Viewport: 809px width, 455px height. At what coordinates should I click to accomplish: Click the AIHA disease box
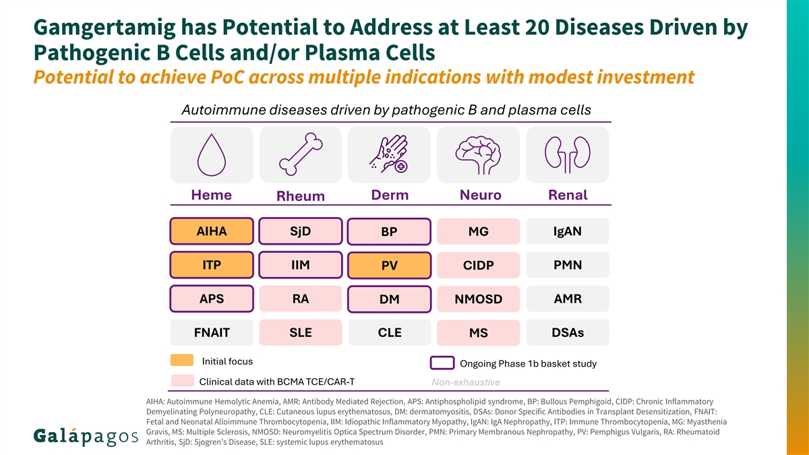click(x=212, y=231)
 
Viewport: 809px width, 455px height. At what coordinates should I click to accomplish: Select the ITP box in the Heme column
click(x=212, y=265)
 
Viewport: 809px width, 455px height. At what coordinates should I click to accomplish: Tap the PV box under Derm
click(x=390, y=266)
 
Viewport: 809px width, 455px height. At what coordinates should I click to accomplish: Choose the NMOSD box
click(x=479, y=299)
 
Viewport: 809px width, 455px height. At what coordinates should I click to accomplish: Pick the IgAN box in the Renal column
click(x=568, y=231)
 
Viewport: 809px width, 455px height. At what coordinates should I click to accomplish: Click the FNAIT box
click(x=212, y=332)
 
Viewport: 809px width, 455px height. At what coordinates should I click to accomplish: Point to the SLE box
click(x=301, y=332)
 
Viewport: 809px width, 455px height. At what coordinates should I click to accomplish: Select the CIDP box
click(x=479, y=265)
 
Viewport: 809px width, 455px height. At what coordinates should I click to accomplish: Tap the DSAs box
click(x=568, y=332)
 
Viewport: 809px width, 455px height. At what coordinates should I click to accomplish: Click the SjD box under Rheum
click(x=301, y=231)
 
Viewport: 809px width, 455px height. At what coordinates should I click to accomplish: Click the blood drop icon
click(x=212, y=155)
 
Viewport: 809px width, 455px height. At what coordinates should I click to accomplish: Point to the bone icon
click(x=301, y=154)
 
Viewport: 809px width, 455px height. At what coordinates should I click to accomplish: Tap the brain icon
click(x=478, y=155)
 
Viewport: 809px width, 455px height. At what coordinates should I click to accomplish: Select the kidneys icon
click(x=568, y=154)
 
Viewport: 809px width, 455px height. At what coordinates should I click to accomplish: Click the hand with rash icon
click(x=389, y=154)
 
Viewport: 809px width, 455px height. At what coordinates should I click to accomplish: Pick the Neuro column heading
click(x=480, y=195)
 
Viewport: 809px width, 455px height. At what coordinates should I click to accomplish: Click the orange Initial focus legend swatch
click(x=182, y=361)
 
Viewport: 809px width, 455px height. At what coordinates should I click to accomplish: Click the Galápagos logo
click(x=86, y=437)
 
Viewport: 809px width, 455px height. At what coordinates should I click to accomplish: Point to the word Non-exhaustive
click(x=466, y=382)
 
